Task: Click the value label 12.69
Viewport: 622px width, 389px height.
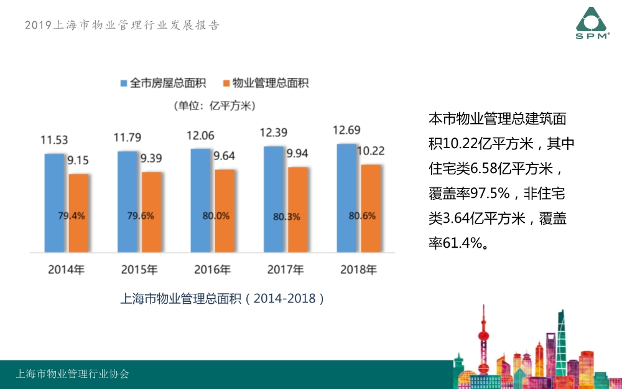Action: [x=346, y=131]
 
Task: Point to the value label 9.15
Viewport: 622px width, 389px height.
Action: [x=78, y=161]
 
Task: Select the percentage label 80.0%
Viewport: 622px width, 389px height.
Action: [x=216, y=216]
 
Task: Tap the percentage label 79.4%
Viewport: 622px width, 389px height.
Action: [x=72, y=216]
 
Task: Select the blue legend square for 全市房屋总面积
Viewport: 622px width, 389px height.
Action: [x=124, y=83]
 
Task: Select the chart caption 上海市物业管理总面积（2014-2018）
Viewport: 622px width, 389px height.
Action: [x=222, y=298]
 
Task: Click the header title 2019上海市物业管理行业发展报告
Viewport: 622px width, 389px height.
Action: [x=122, y=26]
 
